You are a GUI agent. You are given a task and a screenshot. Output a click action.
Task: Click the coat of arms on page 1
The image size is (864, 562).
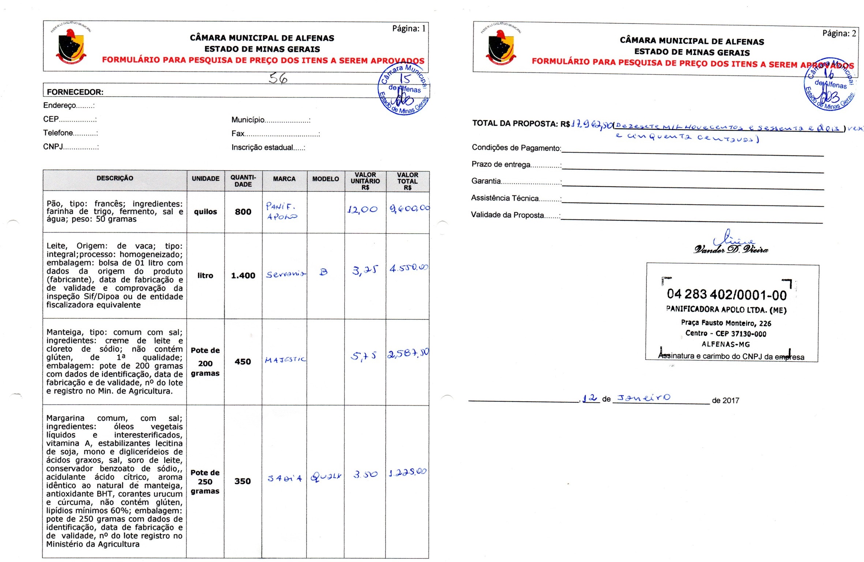click(x=72, y=45)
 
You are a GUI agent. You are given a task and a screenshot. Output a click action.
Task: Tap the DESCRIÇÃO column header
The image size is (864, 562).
click(x=115, y=178)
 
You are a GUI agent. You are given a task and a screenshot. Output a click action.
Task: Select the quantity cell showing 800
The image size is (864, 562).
click(x=243, y=212)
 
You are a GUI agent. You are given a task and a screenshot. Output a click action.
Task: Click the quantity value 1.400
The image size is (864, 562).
click(x=243, y=276)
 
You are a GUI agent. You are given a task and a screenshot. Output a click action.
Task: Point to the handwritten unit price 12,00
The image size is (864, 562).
click(x=362, y=209)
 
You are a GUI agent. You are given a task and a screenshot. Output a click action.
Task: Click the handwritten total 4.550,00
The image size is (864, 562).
click(x=408, y=268)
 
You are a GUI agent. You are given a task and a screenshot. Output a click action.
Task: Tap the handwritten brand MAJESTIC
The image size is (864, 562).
click(x=285, y=360)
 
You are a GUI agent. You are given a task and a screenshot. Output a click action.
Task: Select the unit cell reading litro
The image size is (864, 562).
click(x=205, y=276)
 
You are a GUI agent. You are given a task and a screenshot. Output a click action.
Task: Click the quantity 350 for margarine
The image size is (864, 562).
click(x=243, y=481)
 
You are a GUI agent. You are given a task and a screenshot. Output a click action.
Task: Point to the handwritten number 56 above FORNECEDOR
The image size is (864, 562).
click(x=278, y=78)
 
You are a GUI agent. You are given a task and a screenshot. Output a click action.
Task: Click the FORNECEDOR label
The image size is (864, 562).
click(x=75, y=92)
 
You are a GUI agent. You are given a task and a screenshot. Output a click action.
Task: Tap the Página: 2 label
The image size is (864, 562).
click(x=839, y=33)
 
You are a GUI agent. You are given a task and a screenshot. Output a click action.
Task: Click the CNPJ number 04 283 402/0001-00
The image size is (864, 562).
click(x=726, y=294)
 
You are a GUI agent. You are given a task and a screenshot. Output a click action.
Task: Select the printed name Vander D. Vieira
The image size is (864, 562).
click(x=730, y=249)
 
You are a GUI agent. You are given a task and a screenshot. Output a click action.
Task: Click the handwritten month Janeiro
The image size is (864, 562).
click(x=643, y=398)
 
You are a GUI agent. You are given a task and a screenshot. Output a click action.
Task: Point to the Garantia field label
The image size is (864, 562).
click(x=486, y=181)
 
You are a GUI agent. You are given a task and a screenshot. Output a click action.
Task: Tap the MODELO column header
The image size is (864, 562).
click(x=326, y=179)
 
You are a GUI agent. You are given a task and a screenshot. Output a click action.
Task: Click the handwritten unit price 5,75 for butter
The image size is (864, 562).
click(x=363, y=356)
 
